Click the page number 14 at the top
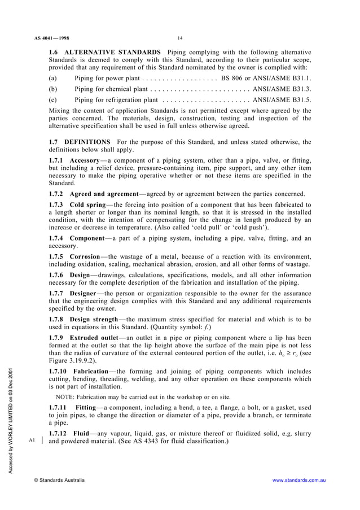coord(179,38)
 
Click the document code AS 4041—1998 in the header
coord(51,39)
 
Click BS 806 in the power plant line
coord(235,78)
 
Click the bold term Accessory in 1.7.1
coord(85,161)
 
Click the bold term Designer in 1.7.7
coord(84,294)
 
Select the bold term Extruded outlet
coord(97,338)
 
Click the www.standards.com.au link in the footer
coord(300,480)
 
